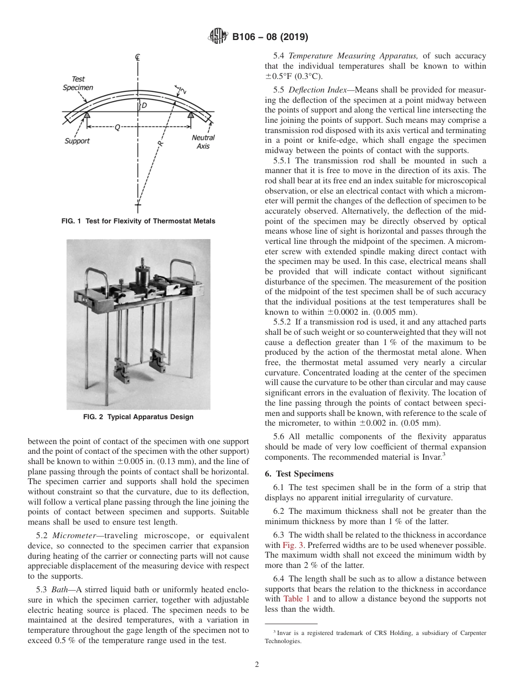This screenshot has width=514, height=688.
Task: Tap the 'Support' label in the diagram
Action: pyautogui.click(x=77, y=141)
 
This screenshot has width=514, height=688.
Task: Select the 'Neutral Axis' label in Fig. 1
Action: pyautogui.click(x=203, y=142)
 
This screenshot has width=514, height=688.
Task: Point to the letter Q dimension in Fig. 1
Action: pyautogui.click(x=117, y=127)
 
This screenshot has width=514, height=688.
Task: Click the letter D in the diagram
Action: pyautogui.click(x=144, y=106)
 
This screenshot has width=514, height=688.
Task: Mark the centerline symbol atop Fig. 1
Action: pyautogui.click(x=139, y=57)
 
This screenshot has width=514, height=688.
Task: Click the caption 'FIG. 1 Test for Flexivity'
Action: pyautogui.click(x=139, y=221)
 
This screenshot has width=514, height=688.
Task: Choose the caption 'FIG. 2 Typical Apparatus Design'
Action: pyautogui.click(x=139, y=417)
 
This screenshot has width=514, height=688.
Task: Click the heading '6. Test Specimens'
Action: pyautogui.click(x=299, y=474)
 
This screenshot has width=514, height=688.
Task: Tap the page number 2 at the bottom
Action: pyautogui.click(x=257, y=665)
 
